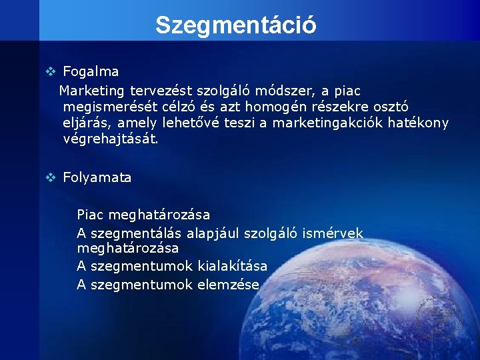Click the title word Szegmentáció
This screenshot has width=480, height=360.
click(x=235, y=25)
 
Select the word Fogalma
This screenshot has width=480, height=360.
click(x=91, y=71)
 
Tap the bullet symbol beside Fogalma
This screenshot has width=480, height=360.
click(x=49, y=71)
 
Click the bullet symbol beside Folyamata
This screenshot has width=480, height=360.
click(x=49, y=177)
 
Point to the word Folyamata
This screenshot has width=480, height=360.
click(x=97, y=177)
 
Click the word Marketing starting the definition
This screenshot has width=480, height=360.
click(x=92, y=90)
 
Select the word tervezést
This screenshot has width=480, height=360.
click(x=159, y=90)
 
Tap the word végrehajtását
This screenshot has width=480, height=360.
click(x=111, y=139)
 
